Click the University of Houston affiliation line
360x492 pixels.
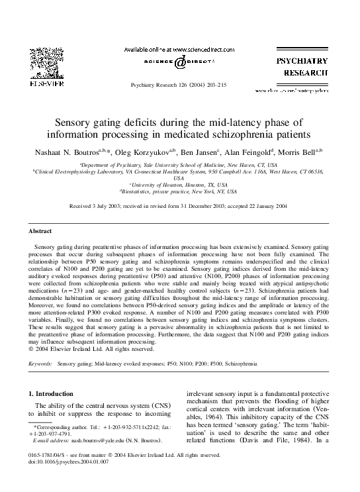pos(179,185)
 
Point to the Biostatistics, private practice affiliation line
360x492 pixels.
pos(179,191)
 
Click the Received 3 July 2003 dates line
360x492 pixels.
pos(179,207)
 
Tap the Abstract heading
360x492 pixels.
pos(40,231)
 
